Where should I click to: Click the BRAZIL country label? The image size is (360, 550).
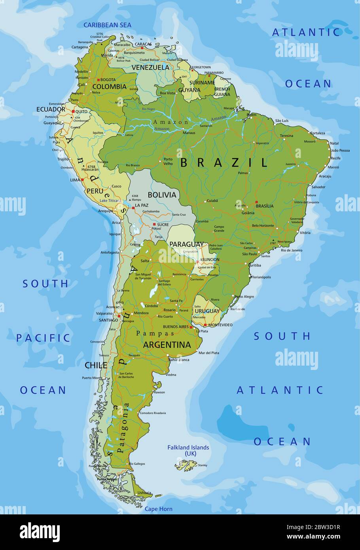point(224,162)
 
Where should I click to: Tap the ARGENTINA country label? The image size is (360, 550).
point(167,345)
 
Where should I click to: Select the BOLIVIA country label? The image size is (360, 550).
point(162,195)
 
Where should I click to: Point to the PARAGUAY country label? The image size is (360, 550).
point(186,244)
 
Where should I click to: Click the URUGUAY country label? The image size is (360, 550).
point(207,311)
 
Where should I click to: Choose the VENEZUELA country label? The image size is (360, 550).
point(150,67)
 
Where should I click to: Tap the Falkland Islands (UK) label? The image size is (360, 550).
point(188,450)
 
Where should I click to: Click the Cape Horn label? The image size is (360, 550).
point(158,509)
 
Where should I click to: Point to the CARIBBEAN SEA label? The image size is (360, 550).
point(107,25)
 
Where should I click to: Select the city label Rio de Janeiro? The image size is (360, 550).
point(292,250)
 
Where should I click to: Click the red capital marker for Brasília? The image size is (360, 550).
point(256,202)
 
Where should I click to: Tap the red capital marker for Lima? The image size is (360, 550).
point(83,180)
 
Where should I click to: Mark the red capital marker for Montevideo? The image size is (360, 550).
point(205,325)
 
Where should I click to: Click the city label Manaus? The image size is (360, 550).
point(189,133)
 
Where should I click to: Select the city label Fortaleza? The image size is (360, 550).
point(318,133)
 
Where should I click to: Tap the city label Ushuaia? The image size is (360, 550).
point(144,493)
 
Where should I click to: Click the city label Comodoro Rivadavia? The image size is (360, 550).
point(153,413)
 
